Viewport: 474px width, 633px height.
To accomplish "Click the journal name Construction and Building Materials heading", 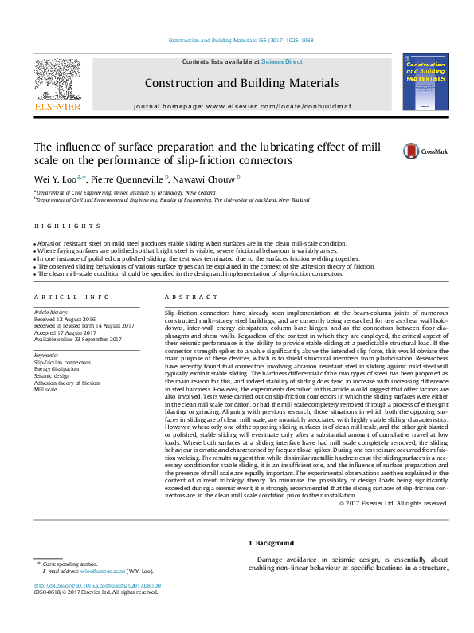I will tap(241, 83).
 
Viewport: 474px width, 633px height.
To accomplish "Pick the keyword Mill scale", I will tap(45, 390).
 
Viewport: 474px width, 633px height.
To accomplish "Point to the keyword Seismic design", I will tap(53, 376).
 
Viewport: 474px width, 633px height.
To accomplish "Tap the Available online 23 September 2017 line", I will tap(76, 340).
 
